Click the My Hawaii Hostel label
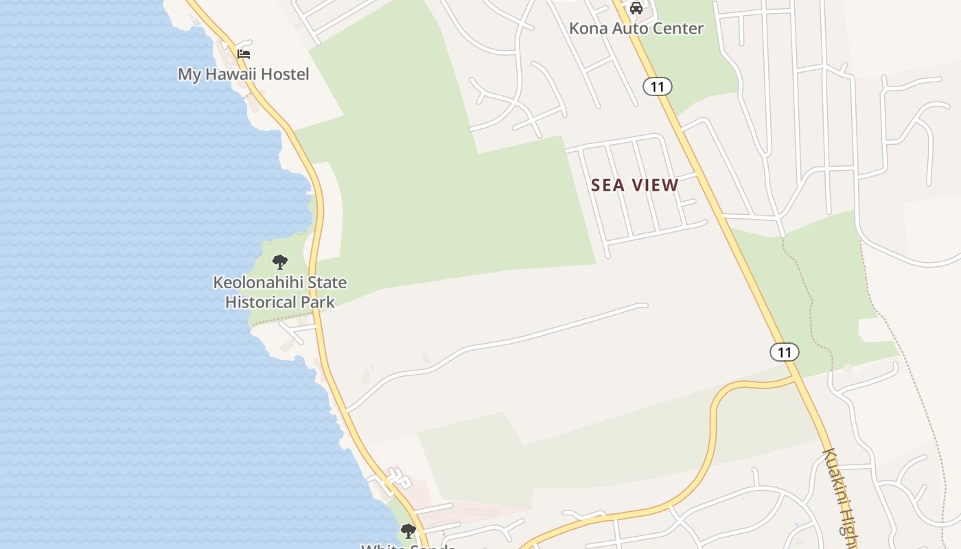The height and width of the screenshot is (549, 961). [244, 74]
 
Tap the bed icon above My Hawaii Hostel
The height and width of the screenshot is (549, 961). [244, 54]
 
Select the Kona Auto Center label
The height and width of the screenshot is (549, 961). [636, 29]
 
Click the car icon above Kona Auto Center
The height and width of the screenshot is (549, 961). [636, 8]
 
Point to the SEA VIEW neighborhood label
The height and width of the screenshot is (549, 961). [635, 185]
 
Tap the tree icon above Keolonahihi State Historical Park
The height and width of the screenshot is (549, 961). [279, 261]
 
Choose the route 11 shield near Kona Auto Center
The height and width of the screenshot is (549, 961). [658, 86]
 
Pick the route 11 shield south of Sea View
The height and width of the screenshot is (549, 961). [784, 353]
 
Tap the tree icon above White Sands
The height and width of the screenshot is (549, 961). [408, 530]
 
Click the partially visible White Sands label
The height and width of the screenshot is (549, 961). [408, 546]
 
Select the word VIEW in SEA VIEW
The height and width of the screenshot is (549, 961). [656, 185]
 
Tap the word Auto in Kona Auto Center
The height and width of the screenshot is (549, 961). [627, 29]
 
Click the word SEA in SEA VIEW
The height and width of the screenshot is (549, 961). [608, 185]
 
